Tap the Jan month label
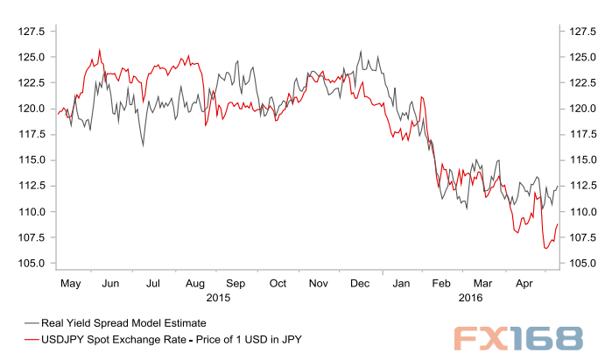point(401,284)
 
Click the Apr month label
point(524,284)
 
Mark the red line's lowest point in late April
point(546,249)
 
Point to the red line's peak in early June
point(100,50)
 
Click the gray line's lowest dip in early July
point(144,145)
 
